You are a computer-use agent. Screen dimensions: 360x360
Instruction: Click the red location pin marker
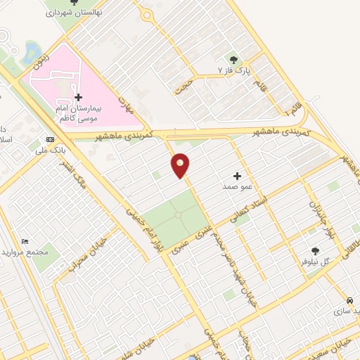click(x=181, y=165)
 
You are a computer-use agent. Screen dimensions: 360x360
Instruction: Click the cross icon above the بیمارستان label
click(x=78, y=96)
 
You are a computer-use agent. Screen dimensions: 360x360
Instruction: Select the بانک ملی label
click(x=50, y=150)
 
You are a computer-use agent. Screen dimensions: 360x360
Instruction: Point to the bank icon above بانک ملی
click(x=50, y=139)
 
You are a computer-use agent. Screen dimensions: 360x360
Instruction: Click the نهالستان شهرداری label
click(x=73, y=13)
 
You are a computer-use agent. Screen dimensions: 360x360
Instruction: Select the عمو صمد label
click(x=237, y=187)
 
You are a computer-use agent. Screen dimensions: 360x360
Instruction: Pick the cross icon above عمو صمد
click(x=237, y=176)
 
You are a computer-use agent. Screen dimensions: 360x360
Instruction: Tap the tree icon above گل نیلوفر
click(x=315, y=250)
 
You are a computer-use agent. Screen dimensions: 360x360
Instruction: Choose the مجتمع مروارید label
click(x=25, y=252)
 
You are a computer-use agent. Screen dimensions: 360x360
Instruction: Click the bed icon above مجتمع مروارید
click(x=26, y=241)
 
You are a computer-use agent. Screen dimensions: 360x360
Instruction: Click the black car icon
click(x=349, y=299)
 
